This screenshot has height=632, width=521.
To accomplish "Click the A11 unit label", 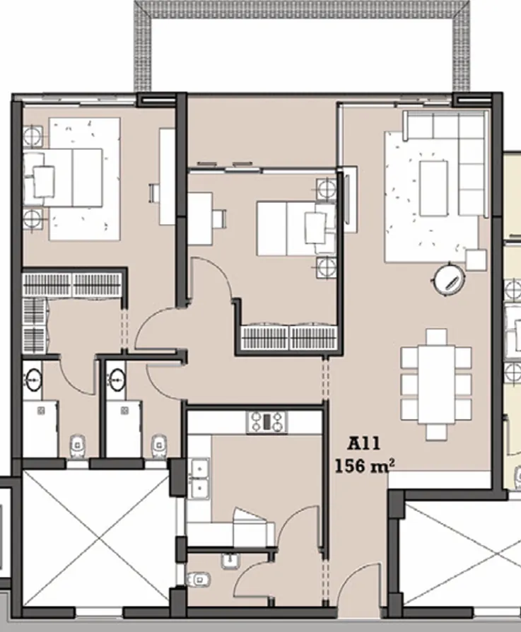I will point(364,445).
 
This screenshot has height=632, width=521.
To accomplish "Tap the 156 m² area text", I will point(364,467).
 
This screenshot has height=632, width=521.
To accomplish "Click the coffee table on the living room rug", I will point(433,188).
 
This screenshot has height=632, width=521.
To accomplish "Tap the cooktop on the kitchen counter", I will point(267,422).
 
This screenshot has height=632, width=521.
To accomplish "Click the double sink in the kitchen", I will point(199,478).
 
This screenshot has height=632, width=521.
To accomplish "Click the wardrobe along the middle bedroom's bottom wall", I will point(289,337).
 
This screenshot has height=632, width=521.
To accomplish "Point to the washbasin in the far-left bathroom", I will point(33,380).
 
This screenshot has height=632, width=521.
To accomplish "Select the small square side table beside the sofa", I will point(476,259).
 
